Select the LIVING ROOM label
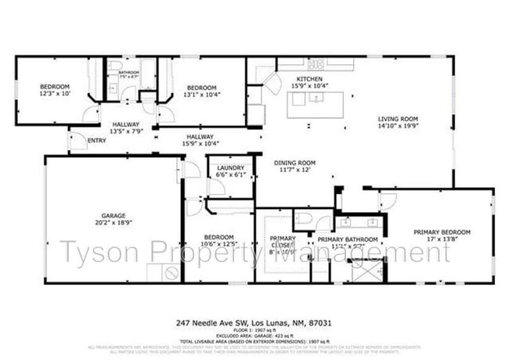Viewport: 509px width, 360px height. (x=397, y=120)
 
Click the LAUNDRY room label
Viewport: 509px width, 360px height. (x=231, y=167)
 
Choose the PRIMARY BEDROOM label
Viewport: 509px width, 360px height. (x=443, y=232)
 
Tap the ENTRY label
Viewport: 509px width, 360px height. (x=97, y=141)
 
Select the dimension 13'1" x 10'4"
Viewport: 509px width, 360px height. (x=202, y=94)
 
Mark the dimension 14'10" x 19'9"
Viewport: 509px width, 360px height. (x=397, y=127)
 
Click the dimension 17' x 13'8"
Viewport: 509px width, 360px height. (x=443, y=239)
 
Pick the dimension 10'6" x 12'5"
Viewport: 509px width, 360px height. (x=219, y=244)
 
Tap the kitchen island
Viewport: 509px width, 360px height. (x=316, y=104)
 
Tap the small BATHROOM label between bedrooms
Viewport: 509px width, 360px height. (x=129, y=73)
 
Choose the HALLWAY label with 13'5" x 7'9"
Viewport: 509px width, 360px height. (x=125, y=124)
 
